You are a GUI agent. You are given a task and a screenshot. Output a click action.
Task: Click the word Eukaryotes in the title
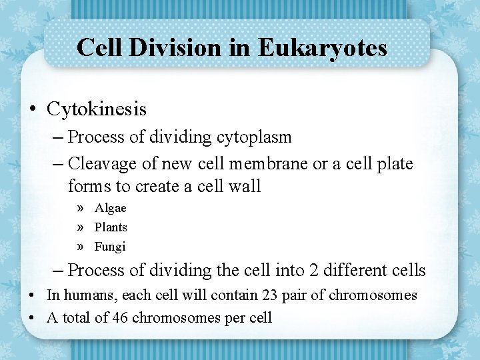[322, 47]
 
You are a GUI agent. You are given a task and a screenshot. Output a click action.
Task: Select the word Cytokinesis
[97, 109]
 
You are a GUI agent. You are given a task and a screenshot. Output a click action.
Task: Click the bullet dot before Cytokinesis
[33, 109]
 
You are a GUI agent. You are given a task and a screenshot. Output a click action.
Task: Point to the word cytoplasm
[254, 137]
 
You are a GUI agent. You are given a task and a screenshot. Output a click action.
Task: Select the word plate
[394, 163]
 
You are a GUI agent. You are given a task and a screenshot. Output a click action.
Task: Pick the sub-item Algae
[110, 208]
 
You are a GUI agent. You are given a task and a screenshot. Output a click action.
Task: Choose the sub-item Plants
[111, 227]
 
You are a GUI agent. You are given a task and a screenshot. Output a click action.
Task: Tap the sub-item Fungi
[110, 247]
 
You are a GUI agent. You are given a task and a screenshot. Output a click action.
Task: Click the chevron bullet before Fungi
[80, 247]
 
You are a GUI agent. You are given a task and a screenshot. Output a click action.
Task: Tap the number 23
[260, 295]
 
